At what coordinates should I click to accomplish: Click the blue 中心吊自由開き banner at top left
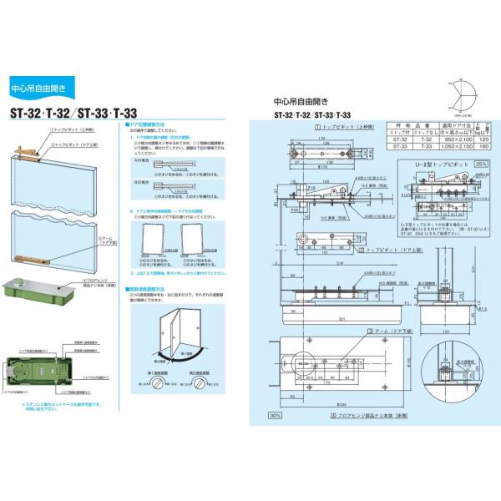[x=41, y=87]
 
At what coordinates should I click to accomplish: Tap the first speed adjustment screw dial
[x=159, y=383]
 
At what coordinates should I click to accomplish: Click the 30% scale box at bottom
[x=276, y=415]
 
